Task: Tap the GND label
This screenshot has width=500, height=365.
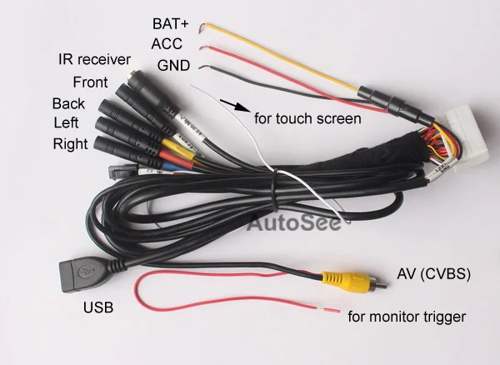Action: click(172, 65)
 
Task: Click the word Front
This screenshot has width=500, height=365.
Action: click(91, 82)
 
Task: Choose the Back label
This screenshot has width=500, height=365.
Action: click(67, 103)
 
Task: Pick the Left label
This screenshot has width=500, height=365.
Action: click(67, 123)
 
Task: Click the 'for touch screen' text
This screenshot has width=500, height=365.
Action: click(307, 118)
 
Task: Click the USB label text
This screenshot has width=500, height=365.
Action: click(97, 308)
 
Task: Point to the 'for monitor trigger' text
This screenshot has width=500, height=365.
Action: click(406, 317)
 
